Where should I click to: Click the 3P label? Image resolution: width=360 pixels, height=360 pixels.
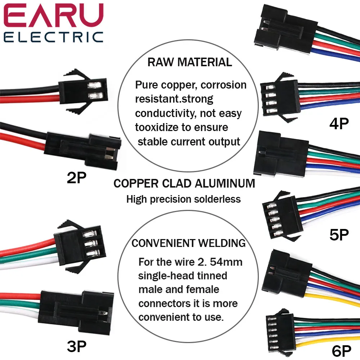tap(77, 346)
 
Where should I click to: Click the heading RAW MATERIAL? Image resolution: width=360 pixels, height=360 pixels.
tap(190, 62)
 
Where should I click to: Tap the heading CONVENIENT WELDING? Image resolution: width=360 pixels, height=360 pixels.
tap(189, 243)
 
